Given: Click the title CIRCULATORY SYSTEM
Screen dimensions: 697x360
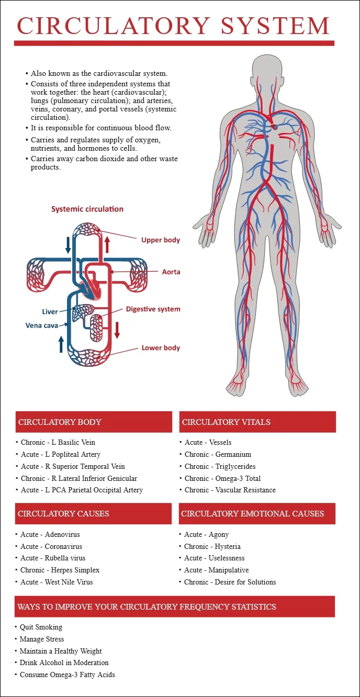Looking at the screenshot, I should [x=173, y=25].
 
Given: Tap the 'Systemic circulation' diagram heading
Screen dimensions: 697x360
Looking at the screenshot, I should [x=87, y=209].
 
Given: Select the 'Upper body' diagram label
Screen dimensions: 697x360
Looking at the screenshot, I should [x=161, y=240].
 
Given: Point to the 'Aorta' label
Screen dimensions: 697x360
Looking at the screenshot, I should [x=171, y=272].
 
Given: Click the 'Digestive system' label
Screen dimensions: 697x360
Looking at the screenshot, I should [x=153, y=309].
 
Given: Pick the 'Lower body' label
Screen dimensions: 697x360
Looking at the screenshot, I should [x=161, y=348].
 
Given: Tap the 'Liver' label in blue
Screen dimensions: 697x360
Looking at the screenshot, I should [x=50, y=312].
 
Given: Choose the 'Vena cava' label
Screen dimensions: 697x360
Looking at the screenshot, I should [x=42, y=325].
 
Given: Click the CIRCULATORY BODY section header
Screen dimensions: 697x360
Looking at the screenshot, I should [x=60, y=422].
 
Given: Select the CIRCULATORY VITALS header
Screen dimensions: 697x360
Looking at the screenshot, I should [x=226, y=422].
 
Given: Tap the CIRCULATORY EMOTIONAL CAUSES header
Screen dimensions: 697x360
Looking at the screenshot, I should [x=252, y=514].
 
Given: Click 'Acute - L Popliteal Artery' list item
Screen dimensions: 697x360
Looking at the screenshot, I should [x=61, y=454].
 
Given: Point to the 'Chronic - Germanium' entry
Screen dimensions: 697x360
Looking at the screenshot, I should [x=218, y=454].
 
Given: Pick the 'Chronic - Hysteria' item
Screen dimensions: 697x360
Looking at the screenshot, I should [x=212, y=546].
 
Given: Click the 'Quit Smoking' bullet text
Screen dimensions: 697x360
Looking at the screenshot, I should [x=41, y=627].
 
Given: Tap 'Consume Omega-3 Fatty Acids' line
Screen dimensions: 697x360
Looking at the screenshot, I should [x=67, y=674].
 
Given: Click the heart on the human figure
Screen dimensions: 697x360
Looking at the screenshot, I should [x=274, y=126].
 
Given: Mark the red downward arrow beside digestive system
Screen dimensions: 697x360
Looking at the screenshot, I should [x=117, y=329].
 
